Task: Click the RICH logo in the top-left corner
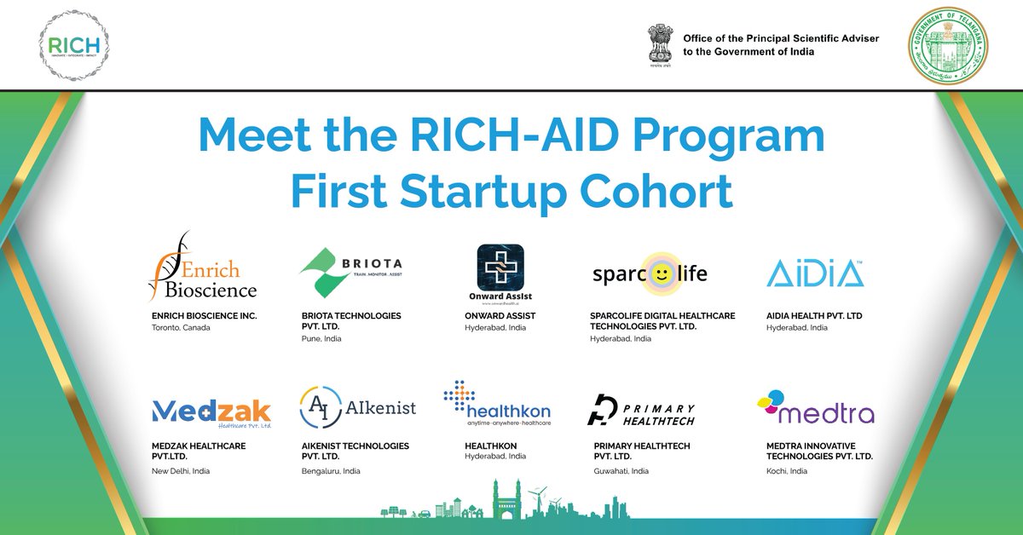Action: pos(75,44)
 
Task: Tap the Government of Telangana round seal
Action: pos(948,48)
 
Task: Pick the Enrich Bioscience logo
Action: pos(203,267)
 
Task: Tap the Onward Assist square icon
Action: pos(500,270)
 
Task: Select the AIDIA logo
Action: pos(815,274)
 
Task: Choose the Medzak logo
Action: pos(211,411)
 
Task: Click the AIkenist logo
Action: pos(358,407)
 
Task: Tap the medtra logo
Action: pos(815,408)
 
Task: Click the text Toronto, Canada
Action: pos(181,328)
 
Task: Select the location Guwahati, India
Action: pos(621,471)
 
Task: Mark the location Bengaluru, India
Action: pos(330,471)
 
